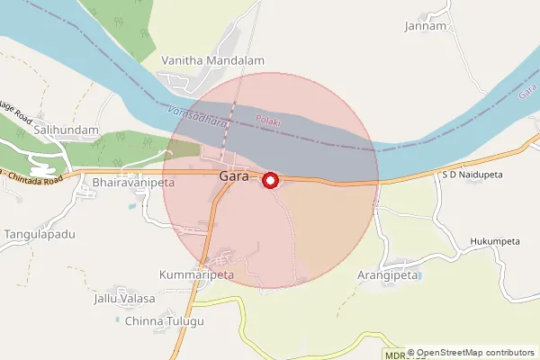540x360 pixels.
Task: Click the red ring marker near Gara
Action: pos(269,181)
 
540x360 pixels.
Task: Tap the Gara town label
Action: pos(233,176)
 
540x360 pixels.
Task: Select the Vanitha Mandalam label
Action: pos(212,60)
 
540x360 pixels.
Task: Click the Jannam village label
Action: pos(426,26)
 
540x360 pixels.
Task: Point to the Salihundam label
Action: pos(66,130)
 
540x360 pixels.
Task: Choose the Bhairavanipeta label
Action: pos(133,182)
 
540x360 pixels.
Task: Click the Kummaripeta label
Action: pos(196,274)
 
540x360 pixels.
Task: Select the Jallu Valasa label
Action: pos(124,298)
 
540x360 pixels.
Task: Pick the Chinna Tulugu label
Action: pos(165,321)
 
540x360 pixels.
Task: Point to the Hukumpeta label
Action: pos(495,242)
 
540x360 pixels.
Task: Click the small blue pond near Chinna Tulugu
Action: pos(118,319)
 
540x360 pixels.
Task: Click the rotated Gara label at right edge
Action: pos(527,90)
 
